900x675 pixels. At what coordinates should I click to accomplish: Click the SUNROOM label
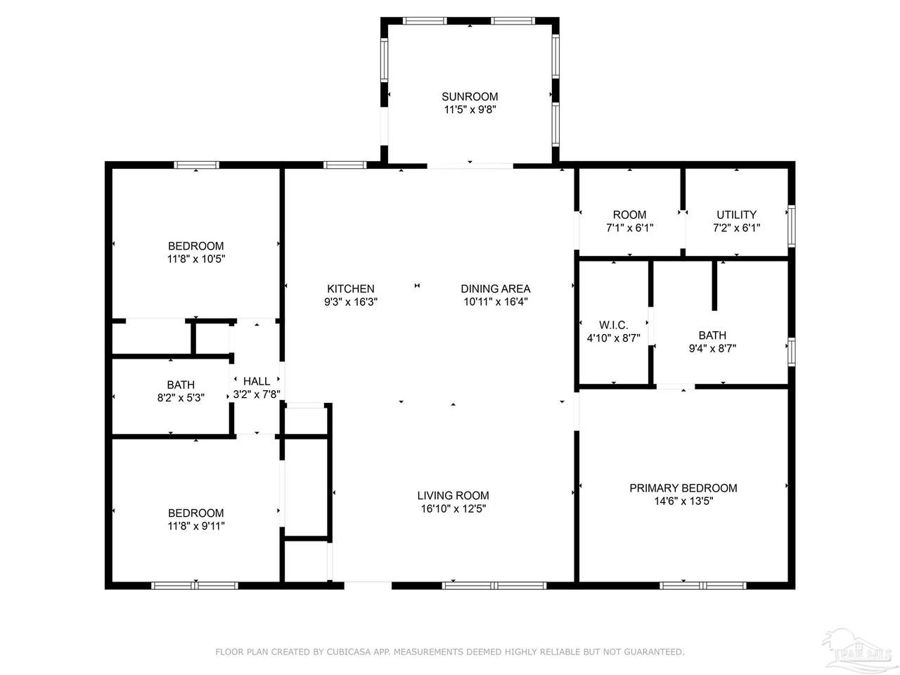[470, 97]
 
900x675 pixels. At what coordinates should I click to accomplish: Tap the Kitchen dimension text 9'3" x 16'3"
[351, 302]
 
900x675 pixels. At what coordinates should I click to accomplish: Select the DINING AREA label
[495, 289]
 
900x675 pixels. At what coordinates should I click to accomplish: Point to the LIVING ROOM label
[453, 496]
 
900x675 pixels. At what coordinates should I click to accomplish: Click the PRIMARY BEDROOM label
[683, 488]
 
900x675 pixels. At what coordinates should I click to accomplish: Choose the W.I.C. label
[613, 325]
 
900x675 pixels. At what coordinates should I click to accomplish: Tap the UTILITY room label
[736, 214]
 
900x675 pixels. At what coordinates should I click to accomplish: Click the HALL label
[257, 381]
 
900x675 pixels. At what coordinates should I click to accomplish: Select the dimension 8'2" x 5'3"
[181, 398]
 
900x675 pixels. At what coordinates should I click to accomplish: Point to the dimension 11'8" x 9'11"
[196, 526]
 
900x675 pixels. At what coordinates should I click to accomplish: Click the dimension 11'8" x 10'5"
[196, 259]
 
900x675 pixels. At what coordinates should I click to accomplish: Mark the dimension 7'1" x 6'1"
[629, 228]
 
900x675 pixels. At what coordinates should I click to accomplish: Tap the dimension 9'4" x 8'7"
[712, 348]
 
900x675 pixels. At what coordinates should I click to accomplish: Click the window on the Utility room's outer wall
[791, 226]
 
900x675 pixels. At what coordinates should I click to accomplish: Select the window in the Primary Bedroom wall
[703, 585]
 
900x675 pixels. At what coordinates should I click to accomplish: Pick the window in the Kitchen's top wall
[345, 165]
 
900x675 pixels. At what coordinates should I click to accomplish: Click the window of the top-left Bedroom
[196, 165]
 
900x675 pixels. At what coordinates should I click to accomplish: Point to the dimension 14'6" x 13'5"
[683, 501]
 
